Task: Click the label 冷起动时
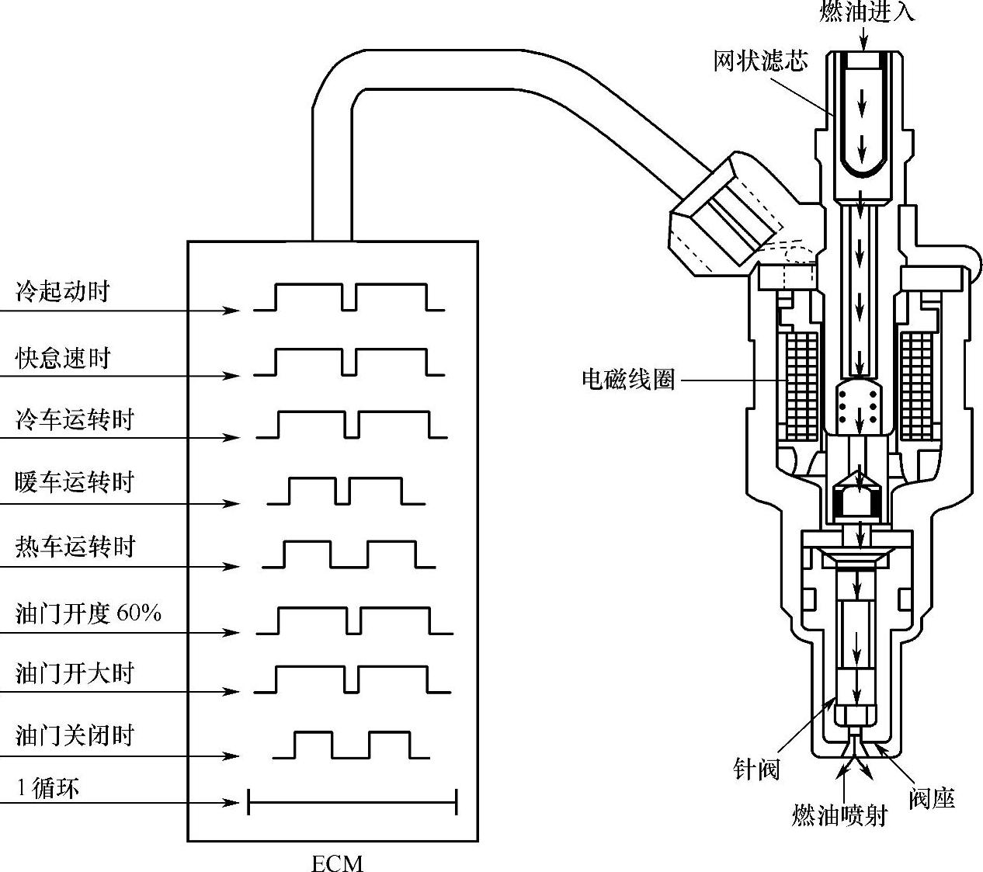click(x=62, y=292)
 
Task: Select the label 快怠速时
click(x=62, y=358)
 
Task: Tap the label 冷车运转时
click(x=75, y=420)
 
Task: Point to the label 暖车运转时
click(x=75, y=482)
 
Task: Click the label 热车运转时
click(x=75, y=547)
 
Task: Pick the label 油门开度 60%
click(x=89, y=613)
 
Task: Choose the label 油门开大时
click(x=75, y=672)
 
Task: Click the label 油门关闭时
click(x=75, y=735)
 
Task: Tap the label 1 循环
click(x=48, y=789)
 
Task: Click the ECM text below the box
click(x=337, y=863)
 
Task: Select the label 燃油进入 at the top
click(x=867, y=12)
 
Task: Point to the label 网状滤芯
click(x=760, y=60)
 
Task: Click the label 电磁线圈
click(x=628, y=380)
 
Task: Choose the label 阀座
click(x=931, y=798)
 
